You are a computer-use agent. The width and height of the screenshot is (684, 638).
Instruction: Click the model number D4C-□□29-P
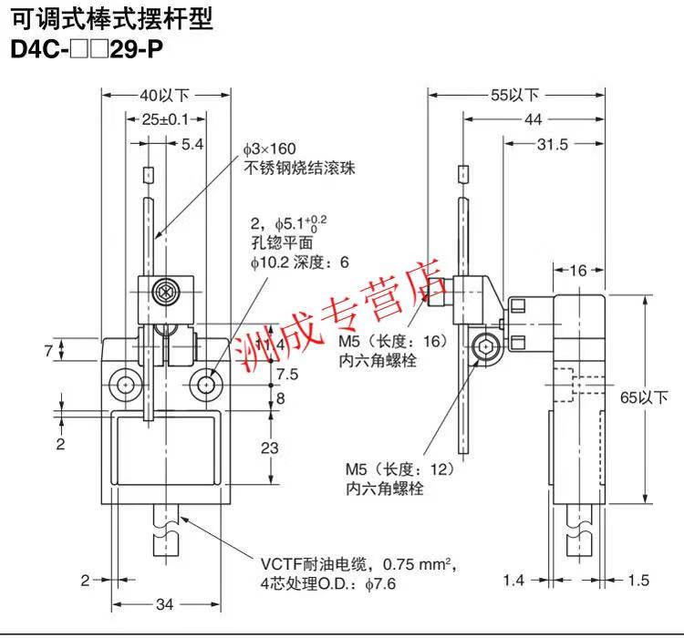(x=87, y=49)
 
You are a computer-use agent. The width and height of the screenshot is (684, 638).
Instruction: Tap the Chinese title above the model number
(x=112, y=19)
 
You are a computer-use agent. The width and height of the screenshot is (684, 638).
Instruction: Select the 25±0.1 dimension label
(x=165, y=119)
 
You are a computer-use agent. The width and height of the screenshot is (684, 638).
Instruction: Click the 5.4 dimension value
(x=192, y=144)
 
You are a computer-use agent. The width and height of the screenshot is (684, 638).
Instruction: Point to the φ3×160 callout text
(x=270, y=149)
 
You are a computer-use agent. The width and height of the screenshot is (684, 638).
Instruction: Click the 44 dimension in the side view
(x=534, y=119)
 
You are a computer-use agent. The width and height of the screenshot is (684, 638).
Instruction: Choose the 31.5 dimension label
(x=553, y=144)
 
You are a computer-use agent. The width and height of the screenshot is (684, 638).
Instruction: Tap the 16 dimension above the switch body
(x=578, y=271)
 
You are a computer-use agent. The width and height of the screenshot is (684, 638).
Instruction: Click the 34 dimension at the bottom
(x=164, y=604)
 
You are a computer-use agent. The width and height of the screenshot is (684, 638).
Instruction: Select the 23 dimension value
(x=270, y=448)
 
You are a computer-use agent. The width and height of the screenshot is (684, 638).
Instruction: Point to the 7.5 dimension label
(x=287, y=375)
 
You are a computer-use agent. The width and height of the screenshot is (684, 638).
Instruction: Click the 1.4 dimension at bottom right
(x=513, y=581)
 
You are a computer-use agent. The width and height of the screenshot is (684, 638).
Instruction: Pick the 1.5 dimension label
(x=638, y=581)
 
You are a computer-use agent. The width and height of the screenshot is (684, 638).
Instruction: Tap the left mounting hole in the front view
(x=126, y=385)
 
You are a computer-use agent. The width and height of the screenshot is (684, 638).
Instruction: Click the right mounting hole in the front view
(x=206, y=385)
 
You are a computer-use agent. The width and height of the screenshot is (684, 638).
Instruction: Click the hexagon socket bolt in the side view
(x=484, y=346)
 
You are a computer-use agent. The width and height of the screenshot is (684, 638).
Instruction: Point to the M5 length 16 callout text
(x=393, y=351)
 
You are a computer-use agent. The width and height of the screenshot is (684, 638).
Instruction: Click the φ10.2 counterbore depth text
(x=300, y=262)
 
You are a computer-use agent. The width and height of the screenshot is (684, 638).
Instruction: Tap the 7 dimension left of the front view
(x=48, y=350)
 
